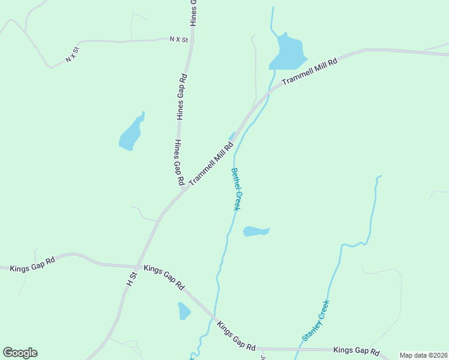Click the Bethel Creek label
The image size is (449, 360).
point(236,188)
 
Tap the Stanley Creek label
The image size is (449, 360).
point(316,320)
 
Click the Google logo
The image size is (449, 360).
point(20,353)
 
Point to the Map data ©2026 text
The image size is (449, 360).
point(424,355)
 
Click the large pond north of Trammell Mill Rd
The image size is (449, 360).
point(287,52)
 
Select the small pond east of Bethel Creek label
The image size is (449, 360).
point(256,231)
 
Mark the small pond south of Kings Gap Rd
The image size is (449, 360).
point(184,311)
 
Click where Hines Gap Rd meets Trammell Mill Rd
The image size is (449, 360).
point(182,190)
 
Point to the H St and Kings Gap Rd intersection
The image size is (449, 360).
point(137,266)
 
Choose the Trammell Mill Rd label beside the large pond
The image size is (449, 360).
point(310,71)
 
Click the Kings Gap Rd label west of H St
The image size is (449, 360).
point(32,264)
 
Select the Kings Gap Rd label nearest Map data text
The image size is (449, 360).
point(357,351)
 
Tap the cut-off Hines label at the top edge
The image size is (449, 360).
point(193,12)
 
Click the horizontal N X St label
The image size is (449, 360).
point(179,39)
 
